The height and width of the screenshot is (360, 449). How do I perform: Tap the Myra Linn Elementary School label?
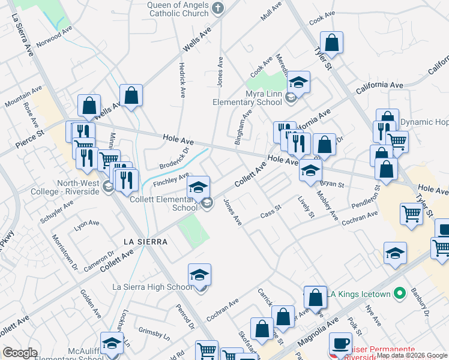pos(247,98)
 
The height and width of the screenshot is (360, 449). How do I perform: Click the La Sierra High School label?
pos(152,287)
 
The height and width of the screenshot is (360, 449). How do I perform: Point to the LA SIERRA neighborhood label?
pos(144,241)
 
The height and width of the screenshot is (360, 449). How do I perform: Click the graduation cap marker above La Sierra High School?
pos(199,275)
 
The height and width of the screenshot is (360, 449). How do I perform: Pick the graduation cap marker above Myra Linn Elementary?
pos(298,82)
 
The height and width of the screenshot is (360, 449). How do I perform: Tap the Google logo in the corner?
pos(20,353)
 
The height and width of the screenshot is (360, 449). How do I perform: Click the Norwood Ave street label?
pos(53,36)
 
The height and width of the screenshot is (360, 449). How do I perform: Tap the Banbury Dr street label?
pos(419,302)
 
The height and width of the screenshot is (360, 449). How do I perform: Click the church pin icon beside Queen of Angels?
pos(218,8)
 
